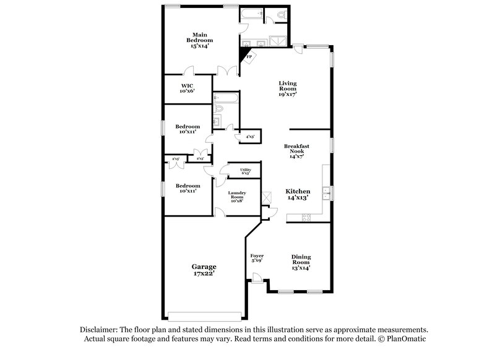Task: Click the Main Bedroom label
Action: click(x=199, y=40)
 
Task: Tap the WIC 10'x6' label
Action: click(x=187, y=88)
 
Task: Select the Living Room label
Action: click(x=288, y=89)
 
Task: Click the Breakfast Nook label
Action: click(x=296, y=152)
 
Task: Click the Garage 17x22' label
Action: click(x=203, y=270)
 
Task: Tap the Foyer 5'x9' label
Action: click(x=257, y=258)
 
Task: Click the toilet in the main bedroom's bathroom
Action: click(x=281, y=14)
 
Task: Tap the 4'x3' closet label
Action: click(x=251, y=136)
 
